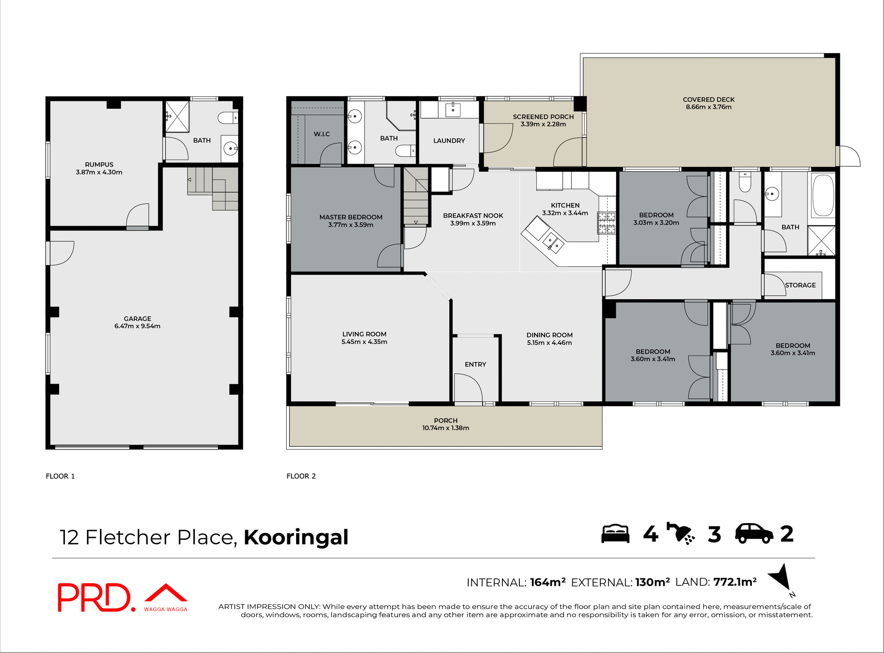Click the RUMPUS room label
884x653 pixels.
coord(99,164)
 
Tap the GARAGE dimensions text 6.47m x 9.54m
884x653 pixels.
coord(137,326)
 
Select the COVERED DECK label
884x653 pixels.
coord(709,99)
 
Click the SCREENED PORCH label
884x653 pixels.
coord(543,117)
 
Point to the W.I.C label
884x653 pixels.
coord(322,134)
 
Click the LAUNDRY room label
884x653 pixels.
coord(449,140)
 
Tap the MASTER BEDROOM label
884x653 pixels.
coord(351,217)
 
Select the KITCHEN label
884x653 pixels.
coord(565,205)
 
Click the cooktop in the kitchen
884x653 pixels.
coord(606,223)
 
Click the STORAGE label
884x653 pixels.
coord(800,285)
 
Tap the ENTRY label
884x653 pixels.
coord(475,364)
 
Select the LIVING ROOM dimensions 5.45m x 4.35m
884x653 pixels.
coord(364,342)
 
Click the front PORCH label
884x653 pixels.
coord(445,420)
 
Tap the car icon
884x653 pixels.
coord(754,534)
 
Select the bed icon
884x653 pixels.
coord(615,534)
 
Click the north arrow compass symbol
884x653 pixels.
coord(781,579)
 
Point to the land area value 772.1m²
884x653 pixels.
coord(735,582)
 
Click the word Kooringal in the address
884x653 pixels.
coord(296,537)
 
